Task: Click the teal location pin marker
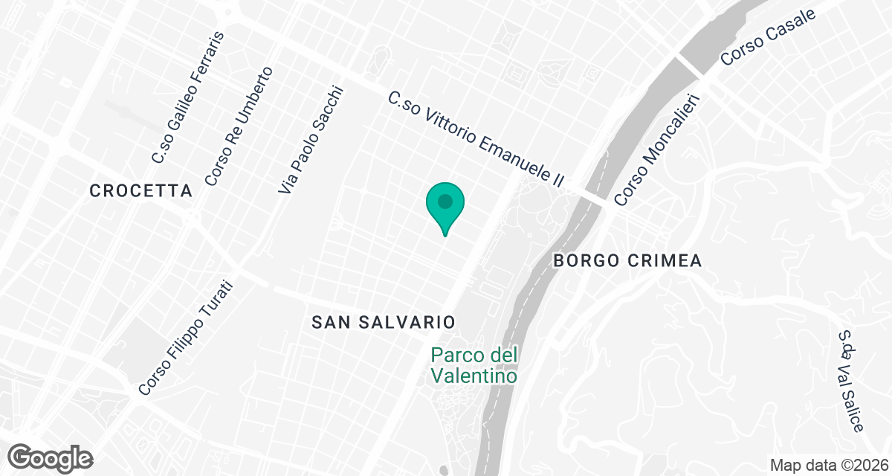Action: [445, 203]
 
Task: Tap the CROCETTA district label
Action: [140, 191]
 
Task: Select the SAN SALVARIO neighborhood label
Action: [383, 322]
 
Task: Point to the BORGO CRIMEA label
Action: [628, 261]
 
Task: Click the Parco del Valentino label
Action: [474, 366]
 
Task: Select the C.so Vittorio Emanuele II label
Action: [476, 140]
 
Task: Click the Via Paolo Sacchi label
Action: [312, 141]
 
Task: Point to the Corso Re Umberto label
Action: [239, 126]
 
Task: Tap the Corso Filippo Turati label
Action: [186, 338]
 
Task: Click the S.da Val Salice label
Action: [852, 382]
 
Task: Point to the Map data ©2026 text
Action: [829, 465]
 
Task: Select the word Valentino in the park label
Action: [474, 376]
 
